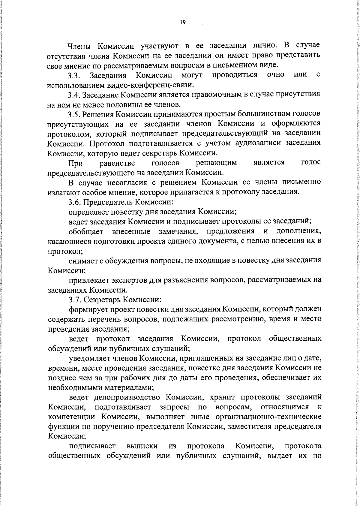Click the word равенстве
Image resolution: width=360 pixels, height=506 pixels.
click(117, 163)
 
